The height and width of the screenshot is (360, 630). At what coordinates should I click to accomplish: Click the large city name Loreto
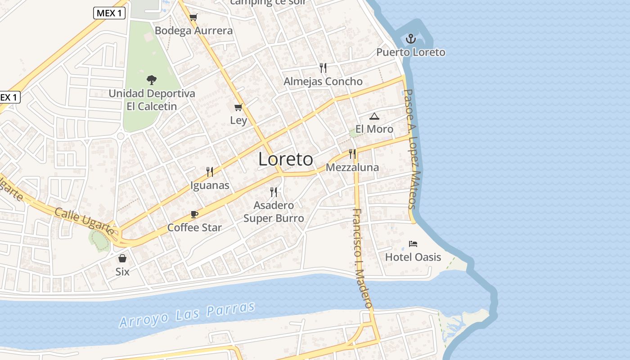286,159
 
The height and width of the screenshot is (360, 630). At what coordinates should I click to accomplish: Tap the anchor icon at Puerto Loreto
410,39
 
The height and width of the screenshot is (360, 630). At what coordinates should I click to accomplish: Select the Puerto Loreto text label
410,52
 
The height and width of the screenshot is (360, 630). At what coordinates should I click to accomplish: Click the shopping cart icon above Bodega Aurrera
193,18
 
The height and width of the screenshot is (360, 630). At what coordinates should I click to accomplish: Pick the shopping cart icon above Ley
238,107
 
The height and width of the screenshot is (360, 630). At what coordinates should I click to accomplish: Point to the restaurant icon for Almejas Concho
323,68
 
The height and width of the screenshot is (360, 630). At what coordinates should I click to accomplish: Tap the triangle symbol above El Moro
374,117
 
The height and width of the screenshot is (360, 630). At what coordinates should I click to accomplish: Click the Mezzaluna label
352,167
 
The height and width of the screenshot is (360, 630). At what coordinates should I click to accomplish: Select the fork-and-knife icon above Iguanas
209,171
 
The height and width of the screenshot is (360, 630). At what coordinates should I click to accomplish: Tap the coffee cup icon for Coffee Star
194,214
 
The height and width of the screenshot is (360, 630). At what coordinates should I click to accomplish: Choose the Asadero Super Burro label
274,212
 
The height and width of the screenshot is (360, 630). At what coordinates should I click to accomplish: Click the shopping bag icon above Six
122,258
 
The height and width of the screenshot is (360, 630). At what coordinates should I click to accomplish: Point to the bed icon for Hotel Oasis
413,244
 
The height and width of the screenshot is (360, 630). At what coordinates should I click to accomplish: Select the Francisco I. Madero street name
362,258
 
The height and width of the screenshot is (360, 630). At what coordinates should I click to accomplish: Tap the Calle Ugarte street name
84,220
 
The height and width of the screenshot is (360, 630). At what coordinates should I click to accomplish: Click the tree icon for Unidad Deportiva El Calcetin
152,80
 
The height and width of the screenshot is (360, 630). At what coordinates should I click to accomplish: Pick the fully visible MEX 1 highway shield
109,13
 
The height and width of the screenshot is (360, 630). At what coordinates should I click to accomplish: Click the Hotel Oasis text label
413,257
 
